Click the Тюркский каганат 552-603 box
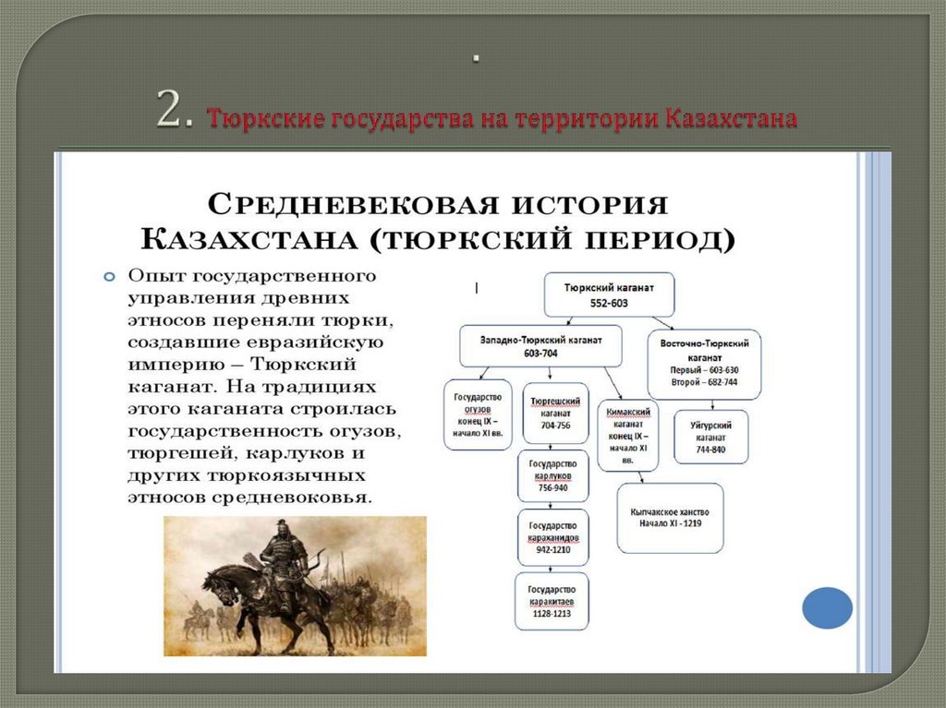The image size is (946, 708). pyautogui.click(x=609, y=294)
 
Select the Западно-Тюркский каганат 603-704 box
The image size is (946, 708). pyautogui.click(x=540, y=346)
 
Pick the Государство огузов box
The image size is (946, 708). pyautogui.click(x=478, y=414)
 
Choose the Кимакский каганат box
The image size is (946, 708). pyautogui.click(x=628, y=435)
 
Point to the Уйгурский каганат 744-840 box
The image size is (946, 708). pyautogui.click(x=711, y=437)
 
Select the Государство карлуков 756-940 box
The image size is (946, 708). pyautogui.click(x=552, y=475)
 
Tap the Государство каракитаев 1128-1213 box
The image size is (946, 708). pyautogui.click(x=552, y=601)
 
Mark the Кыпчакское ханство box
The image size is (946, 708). pyautogui.click(x=670, y=517)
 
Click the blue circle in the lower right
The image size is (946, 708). pyautogui.click(x=827, y=608)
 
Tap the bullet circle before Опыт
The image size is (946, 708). pyautogui.click(x=109, y=276)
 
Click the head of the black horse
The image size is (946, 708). pyautogui.click(x=215, y=581)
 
